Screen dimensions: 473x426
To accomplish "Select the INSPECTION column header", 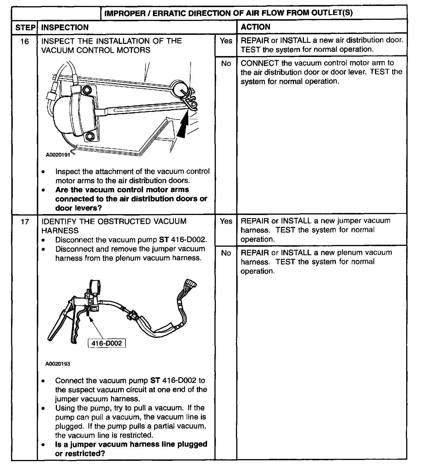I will tap(65, 27).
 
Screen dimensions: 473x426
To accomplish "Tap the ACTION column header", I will tap(255, 27).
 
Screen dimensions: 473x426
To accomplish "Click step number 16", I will tap(25, 42).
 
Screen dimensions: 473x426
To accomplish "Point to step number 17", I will tap(25, 221).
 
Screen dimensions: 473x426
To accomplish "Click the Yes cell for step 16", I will tap(226, 41).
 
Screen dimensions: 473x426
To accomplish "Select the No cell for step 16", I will tap(226, 64).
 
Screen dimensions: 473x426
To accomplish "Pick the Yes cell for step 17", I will tap(226, 221).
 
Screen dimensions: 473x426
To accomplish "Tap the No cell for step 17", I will tap(226, 253).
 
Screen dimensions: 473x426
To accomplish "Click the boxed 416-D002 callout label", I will tap(107, 343).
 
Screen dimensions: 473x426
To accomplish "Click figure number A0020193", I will tap(57, 364).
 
